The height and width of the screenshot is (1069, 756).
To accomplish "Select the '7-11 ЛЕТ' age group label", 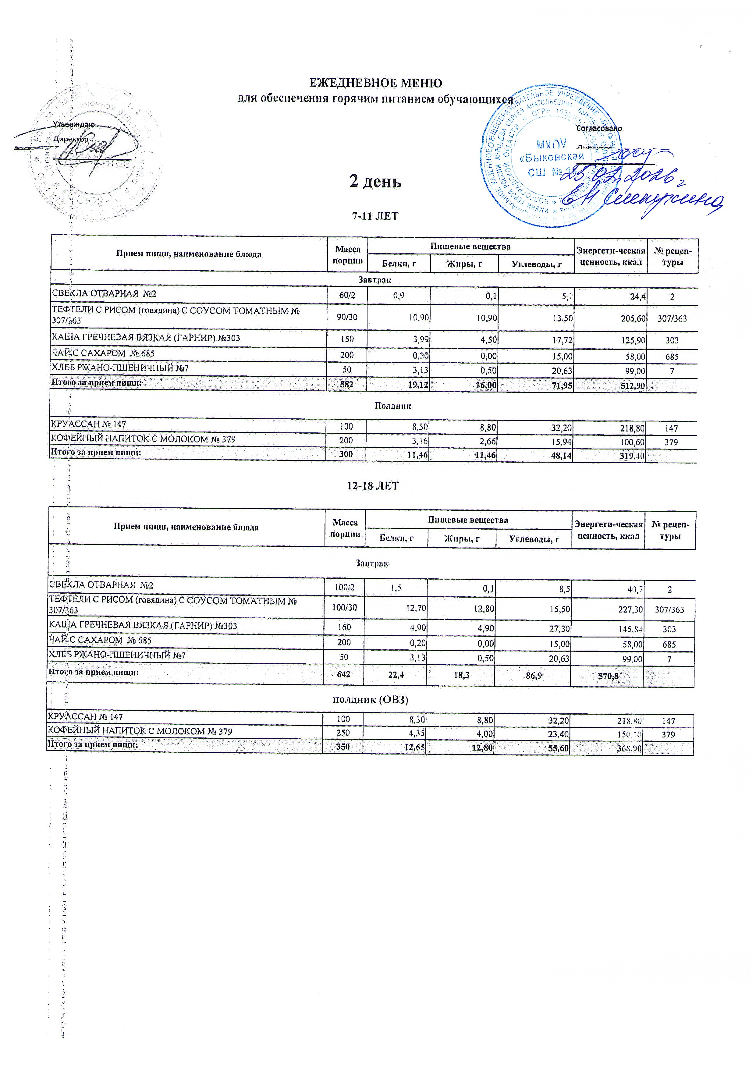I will pyautogui.click(x=375, y=216).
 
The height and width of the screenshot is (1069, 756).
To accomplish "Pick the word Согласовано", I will pyautogui.click(x=599, y=129).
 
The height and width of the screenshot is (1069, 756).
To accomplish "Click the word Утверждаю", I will pyautogui.click(x=74, y=125).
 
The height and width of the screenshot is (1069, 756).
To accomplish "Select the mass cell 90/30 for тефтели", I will pyautogui.click(x=347, y=318).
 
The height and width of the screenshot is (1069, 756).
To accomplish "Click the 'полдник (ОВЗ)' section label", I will pyautogui.click(x=371, y=700).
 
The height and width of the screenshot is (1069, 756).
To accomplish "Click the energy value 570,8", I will pyautogui.click(x=608, y=676).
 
